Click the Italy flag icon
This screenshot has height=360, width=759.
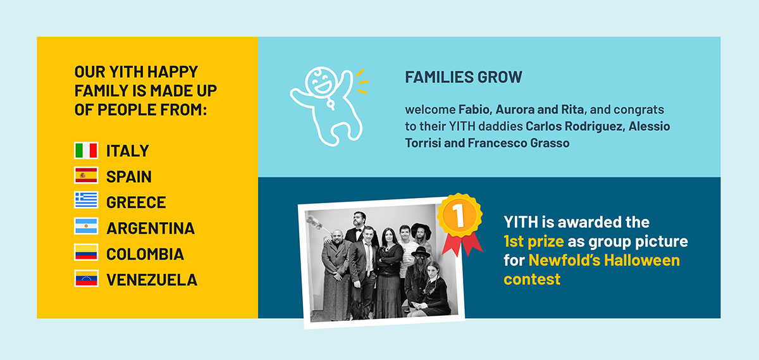86,151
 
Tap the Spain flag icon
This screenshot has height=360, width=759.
86,175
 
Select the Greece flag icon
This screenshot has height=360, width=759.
86,200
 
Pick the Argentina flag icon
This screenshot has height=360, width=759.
86,226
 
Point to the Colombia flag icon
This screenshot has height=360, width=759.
86,252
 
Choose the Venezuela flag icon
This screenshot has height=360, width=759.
86,278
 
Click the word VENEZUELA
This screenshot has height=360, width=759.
151,280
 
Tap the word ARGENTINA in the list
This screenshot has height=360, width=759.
151,228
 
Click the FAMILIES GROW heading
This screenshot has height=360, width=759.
464,77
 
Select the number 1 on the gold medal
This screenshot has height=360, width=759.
458,216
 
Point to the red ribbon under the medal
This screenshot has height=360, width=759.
462,245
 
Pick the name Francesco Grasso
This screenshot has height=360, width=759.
519,143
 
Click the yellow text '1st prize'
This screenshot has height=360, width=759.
534,241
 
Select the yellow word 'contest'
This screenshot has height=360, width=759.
532,279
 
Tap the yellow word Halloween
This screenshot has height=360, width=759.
642,260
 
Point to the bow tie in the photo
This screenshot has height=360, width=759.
358,230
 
